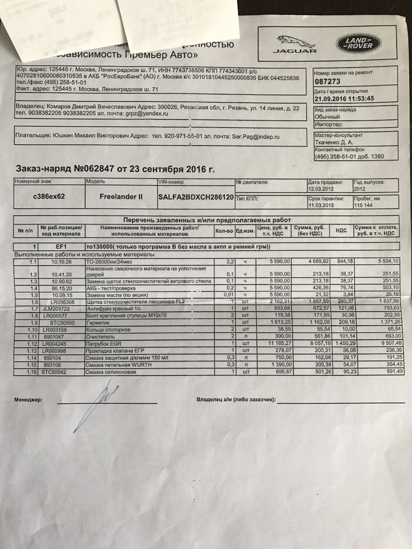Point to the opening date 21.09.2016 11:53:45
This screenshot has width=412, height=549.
click(x=344, y=98)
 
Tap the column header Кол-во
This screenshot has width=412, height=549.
click(x=224, y=230)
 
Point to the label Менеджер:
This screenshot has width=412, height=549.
click(x=28, y=400)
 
